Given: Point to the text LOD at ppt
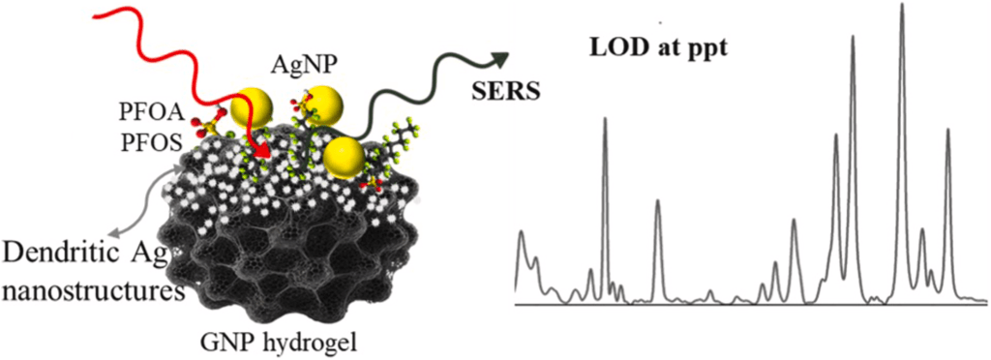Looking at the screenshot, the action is pyautogui.click(x=659, y=49).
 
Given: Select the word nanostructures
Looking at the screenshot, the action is pyautogui.click(x=89, y=292).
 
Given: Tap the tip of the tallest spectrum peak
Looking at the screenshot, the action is pyautogui.click(x=902, y=4).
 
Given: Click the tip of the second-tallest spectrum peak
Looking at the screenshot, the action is pyautogui.click(x=853, y=36).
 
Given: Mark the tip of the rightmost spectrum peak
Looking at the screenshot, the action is pyautogui.click(x=947, y=130).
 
